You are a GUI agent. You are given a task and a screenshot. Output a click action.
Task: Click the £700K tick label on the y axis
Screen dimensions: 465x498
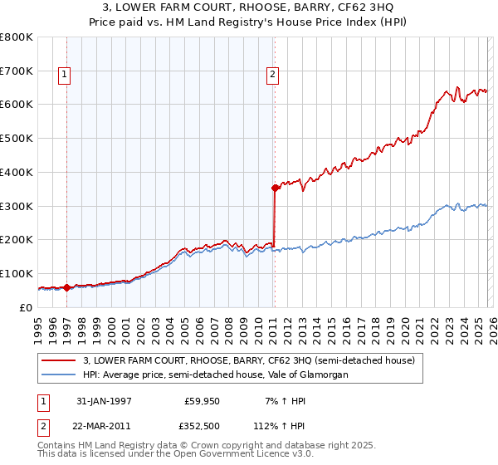[17, 71]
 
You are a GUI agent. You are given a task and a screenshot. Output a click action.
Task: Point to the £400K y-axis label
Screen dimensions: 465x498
[17, 172]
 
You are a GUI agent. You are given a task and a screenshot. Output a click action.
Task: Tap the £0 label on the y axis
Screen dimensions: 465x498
[27, 307]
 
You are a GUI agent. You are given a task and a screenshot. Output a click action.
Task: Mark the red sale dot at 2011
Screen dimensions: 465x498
[274, 188]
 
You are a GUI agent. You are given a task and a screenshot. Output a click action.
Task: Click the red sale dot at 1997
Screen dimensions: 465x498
[66, 287]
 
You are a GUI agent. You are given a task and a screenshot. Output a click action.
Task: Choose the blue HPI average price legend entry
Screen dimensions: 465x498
[216, 374]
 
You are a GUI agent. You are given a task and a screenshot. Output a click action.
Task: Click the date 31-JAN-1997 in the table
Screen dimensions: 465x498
[104, 400]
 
